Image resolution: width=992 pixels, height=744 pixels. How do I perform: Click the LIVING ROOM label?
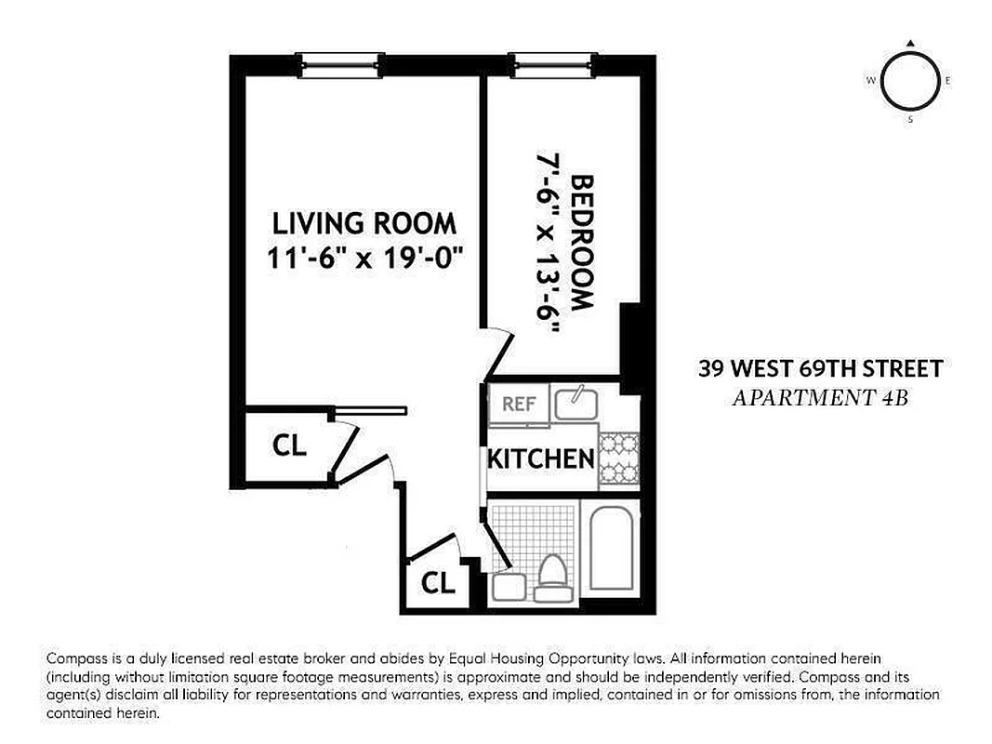(x=364, y=223)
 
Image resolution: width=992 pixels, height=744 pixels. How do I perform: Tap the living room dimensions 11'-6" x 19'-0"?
(x=364, y=258)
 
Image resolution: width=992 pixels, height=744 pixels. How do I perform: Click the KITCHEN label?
(x=541, y=458)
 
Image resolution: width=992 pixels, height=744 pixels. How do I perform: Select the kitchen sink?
(x=575, y=404)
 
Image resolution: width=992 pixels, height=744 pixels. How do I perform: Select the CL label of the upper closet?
(x=289, y=446)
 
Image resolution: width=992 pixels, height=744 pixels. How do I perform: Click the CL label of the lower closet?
(x=438, y=583)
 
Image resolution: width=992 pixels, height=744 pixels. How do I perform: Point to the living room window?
(x=346, y=63)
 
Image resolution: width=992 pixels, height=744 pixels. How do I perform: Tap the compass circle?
(x=909, y=82)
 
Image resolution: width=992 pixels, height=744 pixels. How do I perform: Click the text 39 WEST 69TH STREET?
(x=820, y=369)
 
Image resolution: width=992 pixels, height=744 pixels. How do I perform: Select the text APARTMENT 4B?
(x=820, y=398)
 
